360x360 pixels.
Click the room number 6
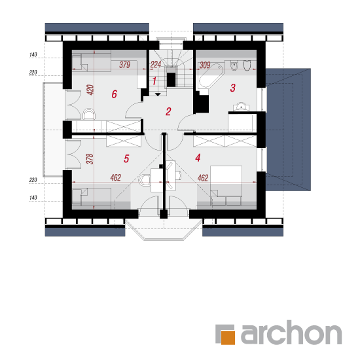114,94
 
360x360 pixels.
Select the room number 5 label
126,158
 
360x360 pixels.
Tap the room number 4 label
198,158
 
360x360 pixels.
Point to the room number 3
233,88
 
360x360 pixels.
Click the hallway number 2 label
168,111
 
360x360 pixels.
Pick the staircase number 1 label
154,81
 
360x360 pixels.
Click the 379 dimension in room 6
124,65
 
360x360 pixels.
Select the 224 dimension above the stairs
156,65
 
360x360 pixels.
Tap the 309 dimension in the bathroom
205,65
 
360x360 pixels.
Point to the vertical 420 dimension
90,90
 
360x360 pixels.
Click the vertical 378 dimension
90,159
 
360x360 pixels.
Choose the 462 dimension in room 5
115,177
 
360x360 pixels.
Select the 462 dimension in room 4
203,178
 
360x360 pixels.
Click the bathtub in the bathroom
210,76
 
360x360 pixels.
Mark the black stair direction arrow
158,94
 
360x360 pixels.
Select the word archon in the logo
291,333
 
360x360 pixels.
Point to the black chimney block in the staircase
171,79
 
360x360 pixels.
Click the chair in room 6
88,114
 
